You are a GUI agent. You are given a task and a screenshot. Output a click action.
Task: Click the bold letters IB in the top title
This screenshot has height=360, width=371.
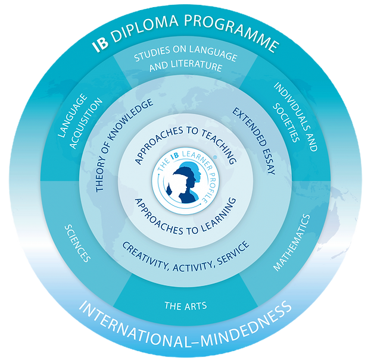tap(101, 45)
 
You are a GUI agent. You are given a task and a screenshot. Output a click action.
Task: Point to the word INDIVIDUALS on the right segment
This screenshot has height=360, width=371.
tap(295, 117)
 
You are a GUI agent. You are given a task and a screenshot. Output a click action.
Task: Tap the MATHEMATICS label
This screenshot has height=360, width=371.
tap(292, 243)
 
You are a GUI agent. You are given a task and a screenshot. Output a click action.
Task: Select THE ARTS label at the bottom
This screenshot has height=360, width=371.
tap(186, 306)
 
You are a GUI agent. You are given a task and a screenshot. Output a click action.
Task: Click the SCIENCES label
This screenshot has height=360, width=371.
tap(77, 243)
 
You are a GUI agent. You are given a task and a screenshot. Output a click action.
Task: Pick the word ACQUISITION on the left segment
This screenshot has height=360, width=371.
tap(86, 123)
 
